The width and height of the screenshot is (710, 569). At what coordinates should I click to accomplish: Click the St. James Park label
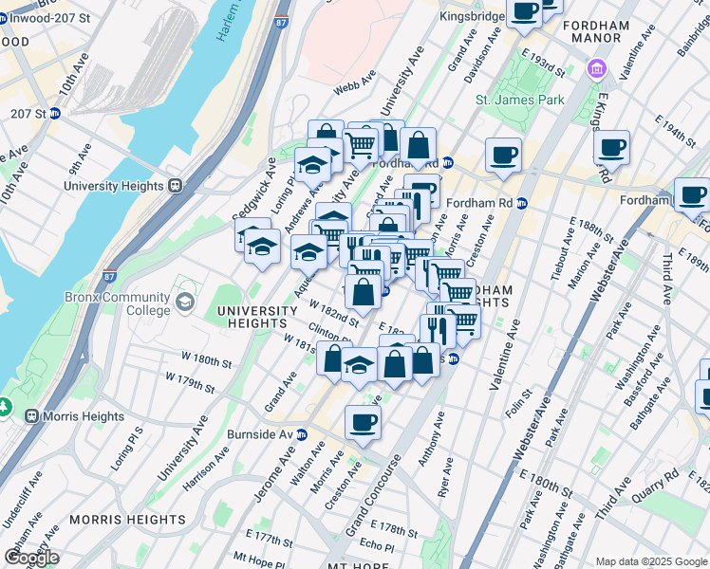520,100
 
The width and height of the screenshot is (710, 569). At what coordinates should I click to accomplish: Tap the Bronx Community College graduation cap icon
185,302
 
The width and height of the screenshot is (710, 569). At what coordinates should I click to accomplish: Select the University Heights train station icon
175,186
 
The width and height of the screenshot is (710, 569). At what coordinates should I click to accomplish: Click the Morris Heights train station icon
31,416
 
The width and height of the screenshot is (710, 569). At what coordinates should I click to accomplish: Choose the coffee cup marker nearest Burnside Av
362,423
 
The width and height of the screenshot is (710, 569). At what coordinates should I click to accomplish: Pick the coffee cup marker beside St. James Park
503,155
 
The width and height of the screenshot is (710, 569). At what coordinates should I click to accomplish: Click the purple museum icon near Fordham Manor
596,68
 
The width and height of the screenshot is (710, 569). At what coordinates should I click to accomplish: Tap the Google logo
31,557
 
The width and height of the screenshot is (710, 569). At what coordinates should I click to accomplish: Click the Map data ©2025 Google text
651,561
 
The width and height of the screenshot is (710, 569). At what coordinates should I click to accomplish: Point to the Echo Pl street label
377,545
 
